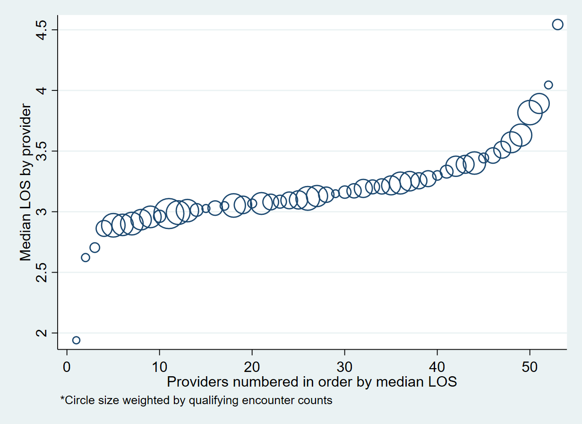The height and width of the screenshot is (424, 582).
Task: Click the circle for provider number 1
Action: click(x=76, y=340)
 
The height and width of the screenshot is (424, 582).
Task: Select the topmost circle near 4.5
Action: click(x=557, y=25)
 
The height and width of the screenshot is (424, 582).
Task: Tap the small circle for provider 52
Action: click(x=548, y=85)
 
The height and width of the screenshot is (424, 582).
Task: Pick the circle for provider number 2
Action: click(x=86, y=257)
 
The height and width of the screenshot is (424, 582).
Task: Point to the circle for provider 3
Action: click(x=95, y=247)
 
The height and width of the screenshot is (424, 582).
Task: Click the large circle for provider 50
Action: click(x=530, y=113)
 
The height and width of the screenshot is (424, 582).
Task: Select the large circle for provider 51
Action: click(x=539, y=103)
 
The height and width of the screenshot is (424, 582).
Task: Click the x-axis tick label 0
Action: click(x=67, y=367)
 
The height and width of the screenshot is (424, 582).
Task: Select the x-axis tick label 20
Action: click(x=252, y=367)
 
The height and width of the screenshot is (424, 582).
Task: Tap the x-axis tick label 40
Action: click(x=437, y=367)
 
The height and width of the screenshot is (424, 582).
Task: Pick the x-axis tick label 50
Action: click(x=530, y=367)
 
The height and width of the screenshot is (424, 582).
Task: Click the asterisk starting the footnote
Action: click(x=62, y=399)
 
